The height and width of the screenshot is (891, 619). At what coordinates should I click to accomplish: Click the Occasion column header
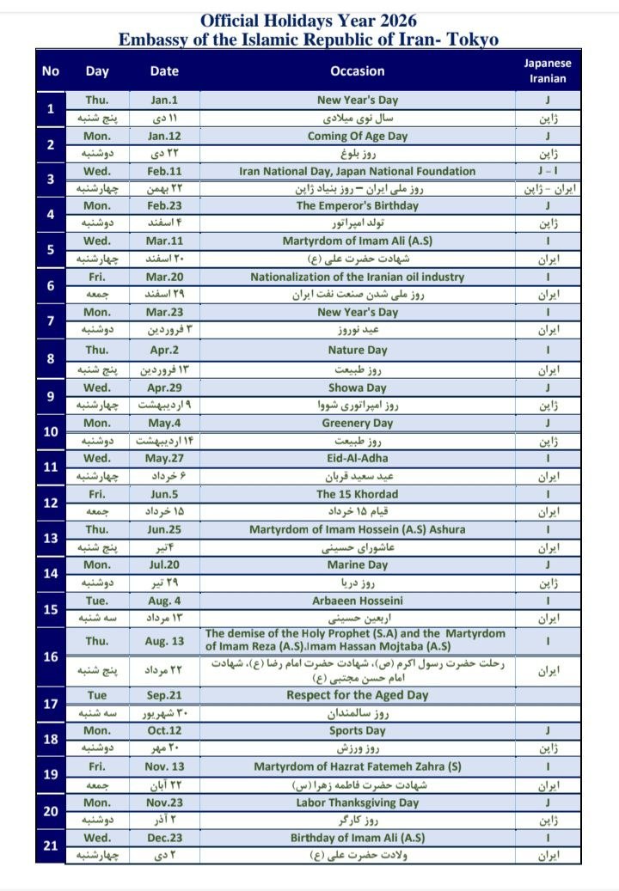click(x=357, y=71)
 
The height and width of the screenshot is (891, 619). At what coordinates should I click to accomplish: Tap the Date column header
click(x=164, y=71)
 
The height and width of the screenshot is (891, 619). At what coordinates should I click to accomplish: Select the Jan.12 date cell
click(x=164, y=136)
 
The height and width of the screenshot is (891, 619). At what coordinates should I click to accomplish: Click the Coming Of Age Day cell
click(x=357, y=136)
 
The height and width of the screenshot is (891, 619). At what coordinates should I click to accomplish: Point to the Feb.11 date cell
click(x=164, y=171)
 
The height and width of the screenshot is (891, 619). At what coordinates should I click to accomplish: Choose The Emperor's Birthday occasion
click(x=357, y=206)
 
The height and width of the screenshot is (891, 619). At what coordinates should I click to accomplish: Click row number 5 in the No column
click(x=51, y=250)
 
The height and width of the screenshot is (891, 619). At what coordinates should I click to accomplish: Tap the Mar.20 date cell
click(x=164, y=277)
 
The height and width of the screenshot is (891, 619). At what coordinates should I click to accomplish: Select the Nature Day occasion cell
click(x=357, y=351)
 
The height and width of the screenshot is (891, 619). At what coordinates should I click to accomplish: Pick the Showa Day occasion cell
click(x=357, y=388)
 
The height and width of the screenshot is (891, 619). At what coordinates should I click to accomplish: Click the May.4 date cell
click(x=164, y=423)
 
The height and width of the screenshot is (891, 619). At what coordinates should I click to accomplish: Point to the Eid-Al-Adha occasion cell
click(x=357, y=459)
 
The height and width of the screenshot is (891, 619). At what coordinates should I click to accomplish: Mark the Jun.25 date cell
click(x=164, y=529)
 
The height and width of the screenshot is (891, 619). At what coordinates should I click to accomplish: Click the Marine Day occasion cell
click(x=357, y=565)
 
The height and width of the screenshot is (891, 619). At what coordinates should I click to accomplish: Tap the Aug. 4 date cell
click(x=164, y=601)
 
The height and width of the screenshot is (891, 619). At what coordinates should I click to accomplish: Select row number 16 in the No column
click(x=51, y=656)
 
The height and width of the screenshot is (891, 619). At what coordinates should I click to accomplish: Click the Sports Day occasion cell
click(x=357, y=731)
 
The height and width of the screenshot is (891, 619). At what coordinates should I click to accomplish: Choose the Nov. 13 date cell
click(x=164, y=766)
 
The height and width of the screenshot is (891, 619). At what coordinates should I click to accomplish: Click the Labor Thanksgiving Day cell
click(x=357, y=803)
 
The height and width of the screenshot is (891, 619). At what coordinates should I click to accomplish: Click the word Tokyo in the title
click(x=471, y=40)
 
